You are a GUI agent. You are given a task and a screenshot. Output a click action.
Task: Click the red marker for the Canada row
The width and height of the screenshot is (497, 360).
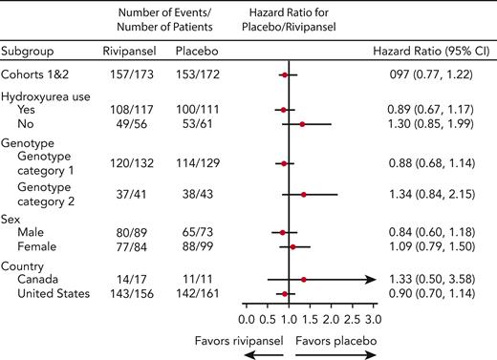pyautogui.click(x=303, y=280)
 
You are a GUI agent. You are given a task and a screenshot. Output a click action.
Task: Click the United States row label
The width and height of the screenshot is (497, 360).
pyautogui.click(x=58, y=294)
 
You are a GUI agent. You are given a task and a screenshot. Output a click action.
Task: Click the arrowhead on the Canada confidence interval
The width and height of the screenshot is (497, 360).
pyautogui.click(x=368, y=280)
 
